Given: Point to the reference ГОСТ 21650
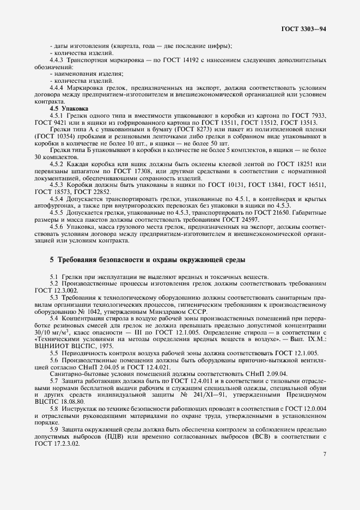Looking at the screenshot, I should [273, 212].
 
